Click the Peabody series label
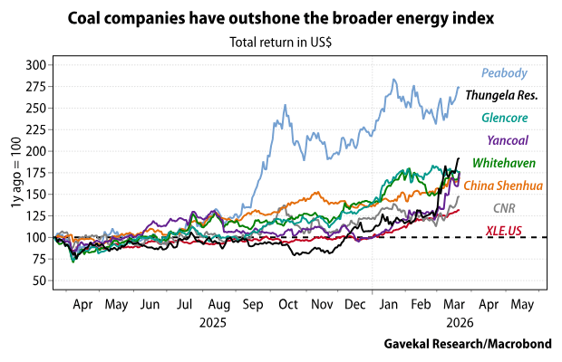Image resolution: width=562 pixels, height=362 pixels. click(504, 72)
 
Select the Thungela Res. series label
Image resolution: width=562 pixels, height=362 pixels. click(501, 95)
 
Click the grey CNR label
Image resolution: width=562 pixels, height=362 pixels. click(517, 208)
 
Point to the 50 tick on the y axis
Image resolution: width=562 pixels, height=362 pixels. click(38, 281)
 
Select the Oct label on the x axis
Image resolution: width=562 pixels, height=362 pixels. click(288, 306)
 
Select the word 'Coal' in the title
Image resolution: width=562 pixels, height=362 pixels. click(89, 19)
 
